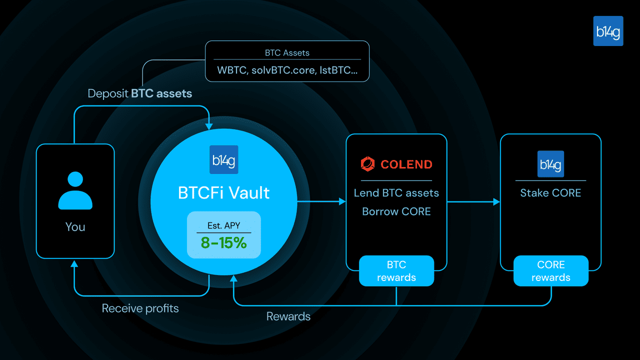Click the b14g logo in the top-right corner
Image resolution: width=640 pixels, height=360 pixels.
(608, 31)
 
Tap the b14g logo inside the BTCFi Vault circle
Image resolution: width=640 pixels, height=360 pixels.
(223, 159)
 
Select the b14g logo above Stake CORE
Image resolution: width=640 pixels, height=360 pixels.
(550, 164)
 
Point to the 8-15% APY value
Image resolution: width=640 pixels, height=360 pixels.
(223, 243)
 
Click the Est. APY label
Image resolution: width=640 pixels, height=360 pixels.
(223, 225)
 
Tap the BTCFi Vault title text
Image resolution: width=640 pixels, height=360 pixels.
(223, 192)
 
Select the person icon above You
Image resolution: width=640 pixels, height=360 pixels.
(75, 190)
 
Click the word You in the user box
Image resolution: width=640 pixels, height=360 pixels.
(75, 227)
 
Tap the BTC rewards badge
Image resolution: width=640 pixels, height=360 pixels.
(396, 271)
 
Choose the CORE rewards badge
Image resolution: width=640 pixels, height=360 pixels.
(550, 271)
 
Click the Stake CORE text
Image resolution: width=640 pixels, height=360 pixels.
(550, 193)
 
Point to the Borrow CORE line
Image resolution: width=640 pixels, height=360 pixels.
(396, 211)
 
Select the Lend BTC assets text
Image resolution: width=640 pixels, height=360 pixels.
(396, 193)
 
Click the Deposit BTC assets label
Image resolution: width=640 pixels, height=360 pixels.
(139, 93)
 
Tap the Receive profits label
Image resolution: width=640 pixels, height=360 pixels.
(140, 308)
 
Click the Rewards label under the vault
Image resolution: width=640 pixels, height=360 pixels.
(288, 316)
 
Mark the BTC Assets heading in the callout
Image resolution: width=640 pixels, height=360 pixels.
(287, 52)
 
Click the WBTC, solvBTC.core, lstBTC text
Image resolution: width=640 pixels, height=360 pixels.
(287, 70)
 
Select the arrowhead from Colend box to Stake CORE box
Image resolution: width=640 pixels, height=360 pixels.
(496, 201)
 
